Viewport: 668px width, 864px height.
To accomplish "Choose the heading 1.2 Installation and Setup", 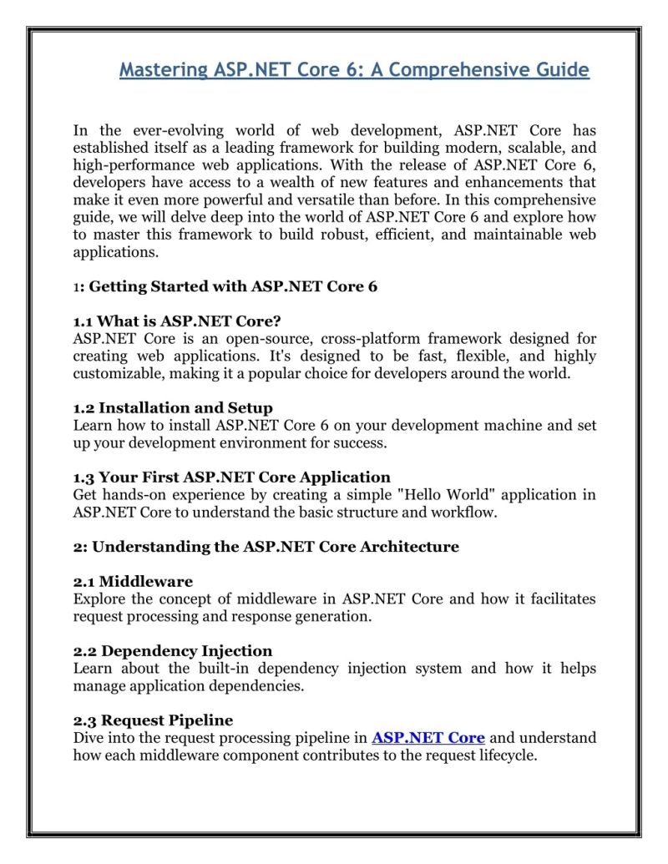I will click(173, 408).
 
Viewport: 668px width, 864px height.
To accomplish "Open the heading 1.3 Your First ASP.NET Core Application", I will click(231, 477).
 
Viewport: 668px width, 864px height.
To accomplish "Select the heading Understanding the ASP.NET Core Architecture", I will click(275, 547).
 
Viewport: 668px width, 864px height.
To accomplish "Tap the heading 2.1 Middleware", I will click(133, 582).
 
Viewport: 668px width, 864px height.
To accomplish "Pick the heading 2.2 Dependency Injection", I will click(173, 651).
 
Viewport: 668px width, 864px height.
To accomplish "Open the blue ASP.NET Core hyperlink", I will click(428, 738).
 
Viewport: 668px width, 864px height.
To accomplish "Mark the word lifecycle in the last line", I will click(504, 755).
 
